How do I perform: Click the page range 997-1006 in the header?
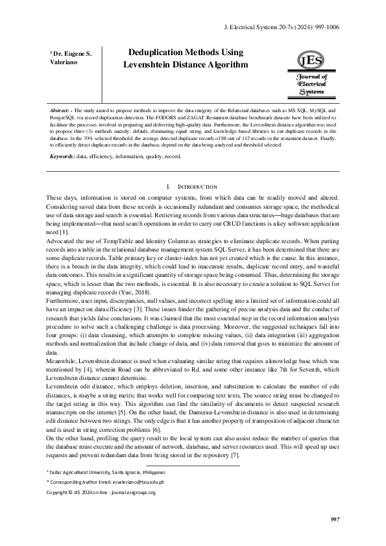[324, 27]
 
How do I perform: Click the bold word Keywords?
[62, 156]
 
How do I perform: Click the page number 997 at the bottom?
[335, 519]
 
